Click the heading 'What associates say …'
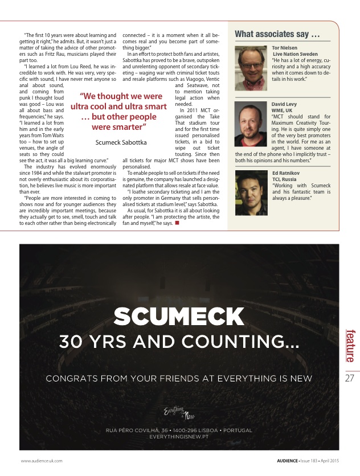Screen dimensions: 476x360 tap(277, 35)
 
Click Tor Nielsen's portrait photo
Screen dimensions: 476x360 tap(251, 65)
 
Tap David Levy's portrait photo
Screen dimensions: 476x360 tap(251, 124)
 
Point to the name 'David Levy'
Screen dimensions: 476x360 tap(284, 104)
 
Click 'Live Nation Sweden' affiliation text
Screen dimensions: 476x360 tap(295, 54)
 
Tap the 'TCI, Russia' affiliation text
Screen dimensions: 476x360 tap(285, 179)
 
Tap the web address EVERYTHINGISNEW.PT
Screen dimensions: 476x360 tap(179, 436)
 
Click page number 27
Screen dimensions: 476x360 tap(350, 377)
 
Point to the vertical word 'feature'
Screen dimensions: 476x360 tap(350, 345)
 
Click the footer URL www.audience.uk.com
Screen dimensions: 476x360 tap(42, 460)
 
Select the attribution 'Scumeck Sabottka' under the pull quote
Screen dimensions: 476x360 tap(121, 142)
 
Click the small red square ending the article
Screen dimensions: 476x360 tap(177, 223)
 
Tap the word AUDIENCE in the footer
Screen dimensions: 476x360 tap(283, 460)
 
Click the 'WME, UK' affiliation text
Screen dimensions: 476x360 tap(283, 110)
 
